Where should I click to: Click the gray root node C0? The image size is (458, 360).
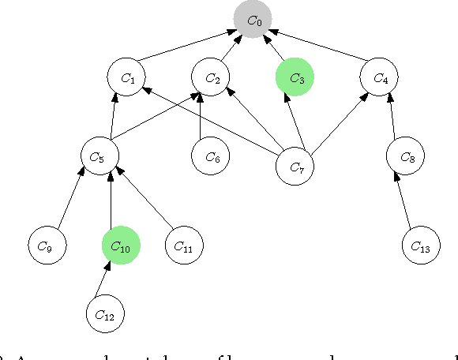coord(253,21)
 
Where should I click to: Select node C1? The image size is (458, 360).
coord(127,77)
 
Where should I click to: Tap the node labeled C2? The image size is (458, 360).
coord(212,77)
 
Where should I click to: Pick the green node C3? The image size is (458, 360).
coord(295,77)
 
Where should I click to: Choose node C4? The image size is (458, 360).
coord(380,77)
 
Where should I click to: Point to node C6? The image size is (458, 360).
coord(212,156)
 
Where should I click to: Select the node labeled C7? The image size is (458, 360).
coord(295,166)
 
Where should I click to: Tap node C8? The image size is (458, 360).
coord(407,156)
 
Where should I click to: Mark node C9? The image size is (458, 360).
coord(47,246)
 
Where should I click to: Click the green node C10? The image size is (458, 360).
coord(121,246)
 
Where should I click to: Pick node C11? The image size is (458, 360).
coord(184,246)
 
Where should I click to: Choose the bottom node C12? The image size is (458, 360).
coord(106,313)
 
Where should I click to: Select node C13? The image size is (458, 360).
coord(421,246)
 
